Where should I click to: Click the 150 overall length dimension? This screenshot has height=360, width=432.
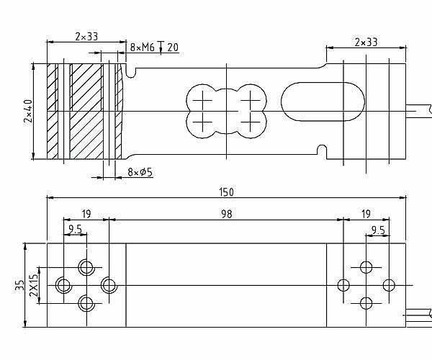pos(227,192)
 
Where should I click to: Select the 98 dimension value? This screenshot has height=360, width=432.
pos(227,214)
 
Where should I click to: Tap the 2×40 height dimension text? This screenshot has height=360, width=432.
pos(28,111)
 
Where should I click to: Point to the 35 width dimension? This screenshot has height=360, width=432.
pos(19,285)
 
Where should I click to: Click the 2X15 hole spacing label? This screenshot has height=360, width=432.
pos(34,285)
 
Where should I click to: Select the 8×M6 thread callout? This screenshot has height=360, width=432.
pos(142,48)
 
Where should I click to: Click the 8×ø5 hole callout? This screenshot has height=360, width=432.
pos(140,172)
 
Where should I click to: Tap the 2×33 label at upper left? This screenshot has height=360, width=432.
pos(86,36)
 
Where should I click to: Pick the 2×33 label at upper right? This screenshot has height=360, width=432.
pos(366,42)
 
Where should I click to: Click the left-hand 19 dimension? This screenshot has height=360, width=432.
pos(86,214)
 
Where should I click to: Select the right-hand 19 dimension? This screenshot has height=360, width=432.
pos(366,214)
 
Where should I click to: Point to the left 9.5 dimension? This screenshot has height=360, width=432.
pos(75,229)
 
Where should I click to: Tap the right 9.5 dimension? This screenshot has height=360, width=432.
pos(378,230)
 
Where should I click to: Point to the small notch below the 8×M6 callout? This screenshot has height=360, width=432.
pos(131,71)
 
